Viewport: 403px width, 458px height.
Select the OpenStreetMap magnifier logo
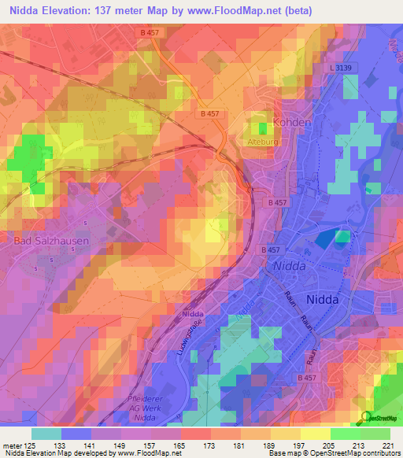(365, 417)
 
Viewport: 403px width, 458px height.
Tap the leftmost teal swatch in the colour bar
(46, 434)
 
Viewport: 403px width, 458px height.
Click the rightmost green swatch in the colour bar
(375, 434)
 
